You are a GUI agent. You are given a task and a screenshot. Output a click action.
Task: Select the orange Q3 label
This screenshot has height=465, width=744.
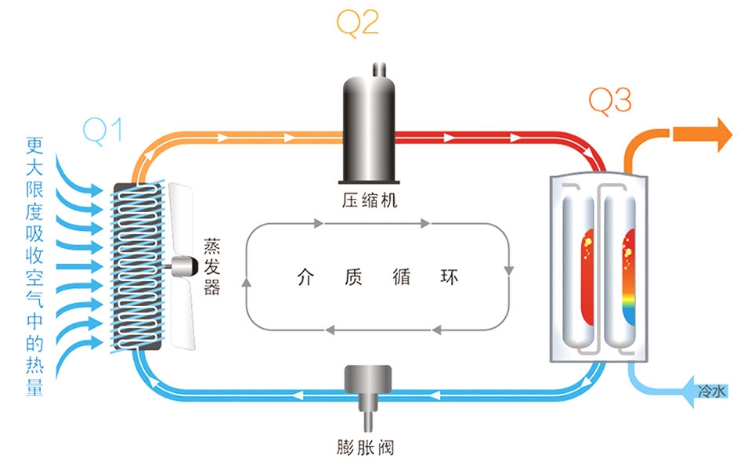coord(609,99)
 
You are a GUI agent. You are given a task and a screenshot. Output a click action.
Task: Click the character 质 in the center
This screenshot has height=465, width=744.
coord(353,277)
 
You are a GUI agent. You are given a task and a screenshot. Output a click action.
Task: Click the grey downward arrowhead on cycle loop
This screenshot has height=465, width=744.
coord(509,271)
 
